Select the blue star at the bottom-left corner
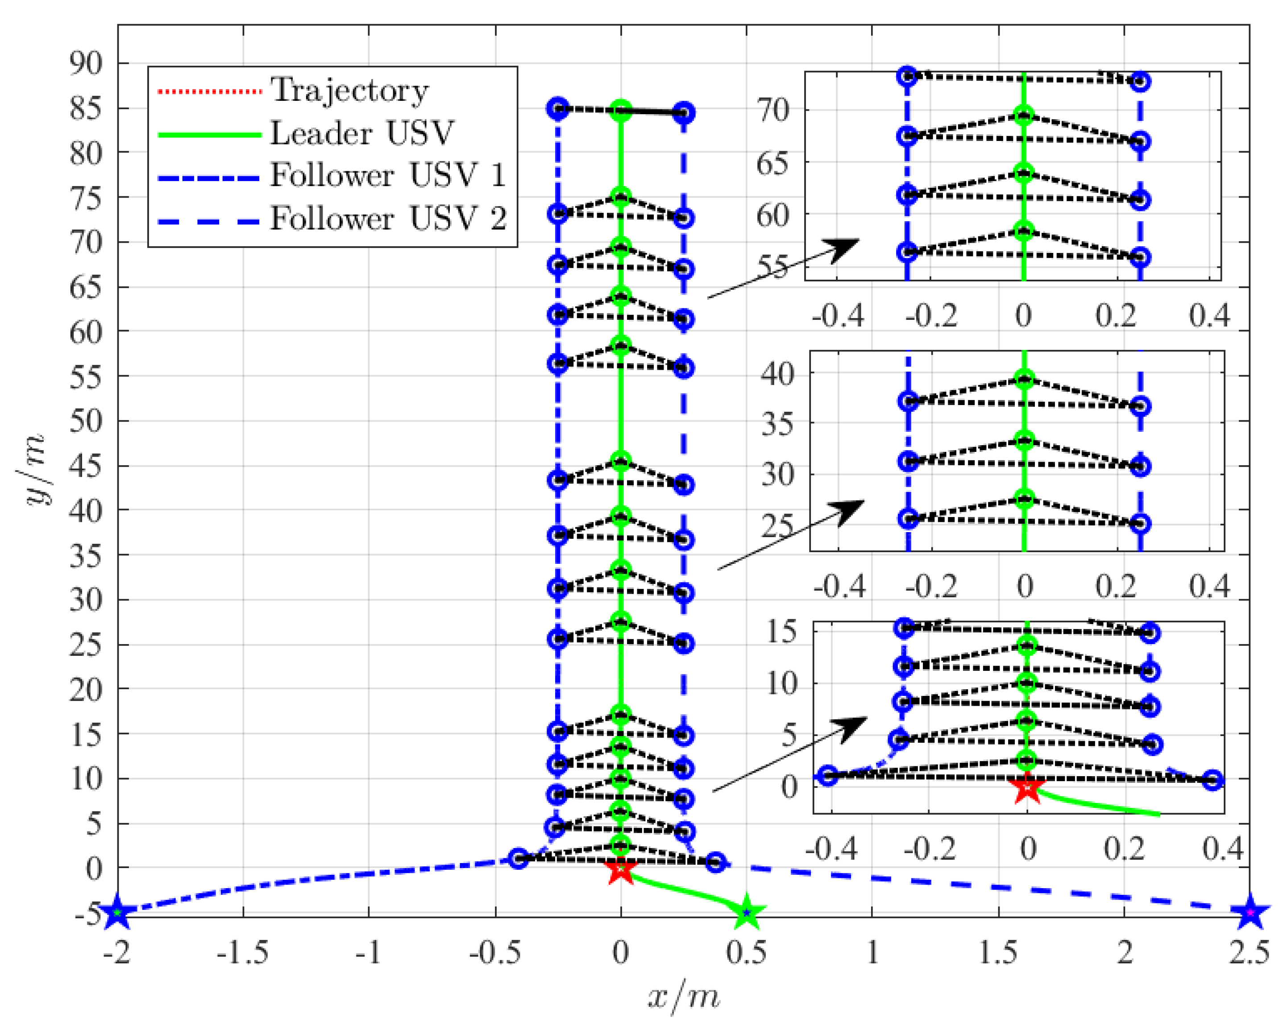(117, 913)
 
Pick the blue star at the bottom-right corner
(1250, 913)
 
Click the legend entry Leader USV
(361, 133)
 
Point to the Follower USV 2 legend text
(388, 218)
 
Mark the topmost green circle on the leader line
(621, 110)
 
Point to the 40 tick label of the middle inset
(777, 374)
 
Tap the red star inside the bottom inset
(1027, 789)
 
